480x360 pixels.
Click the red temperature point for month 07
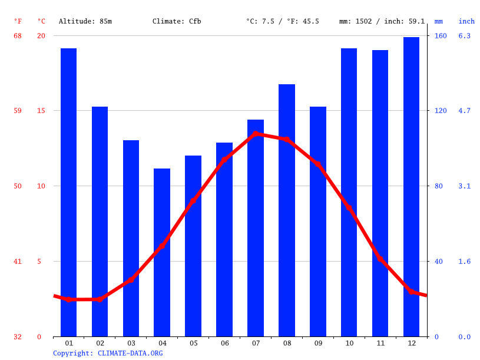256,134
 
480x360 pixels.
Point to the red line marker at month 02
100,299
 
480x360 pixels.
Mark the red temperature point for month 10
349,208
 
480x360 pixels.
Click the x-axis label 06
224,343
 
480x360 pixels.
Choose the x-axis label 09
318,343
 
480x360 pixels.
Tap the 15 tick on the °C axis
41,111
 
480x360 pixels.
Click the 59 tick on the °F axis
18,111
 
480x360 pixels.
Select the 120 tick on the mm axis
441,111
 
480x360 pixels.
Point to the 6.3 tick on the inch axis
465,36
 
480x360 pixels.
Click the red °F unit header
18,21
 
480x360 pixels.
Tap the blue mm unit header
439,21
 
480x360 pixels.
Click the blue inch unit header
466,21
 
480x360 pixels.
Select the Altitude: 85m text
85,21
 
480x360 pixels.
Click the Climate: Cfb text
177,21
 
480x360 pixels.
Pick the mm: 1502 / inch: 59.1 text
382,21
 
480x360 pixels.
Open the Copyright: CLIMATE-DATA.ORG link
108,353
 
